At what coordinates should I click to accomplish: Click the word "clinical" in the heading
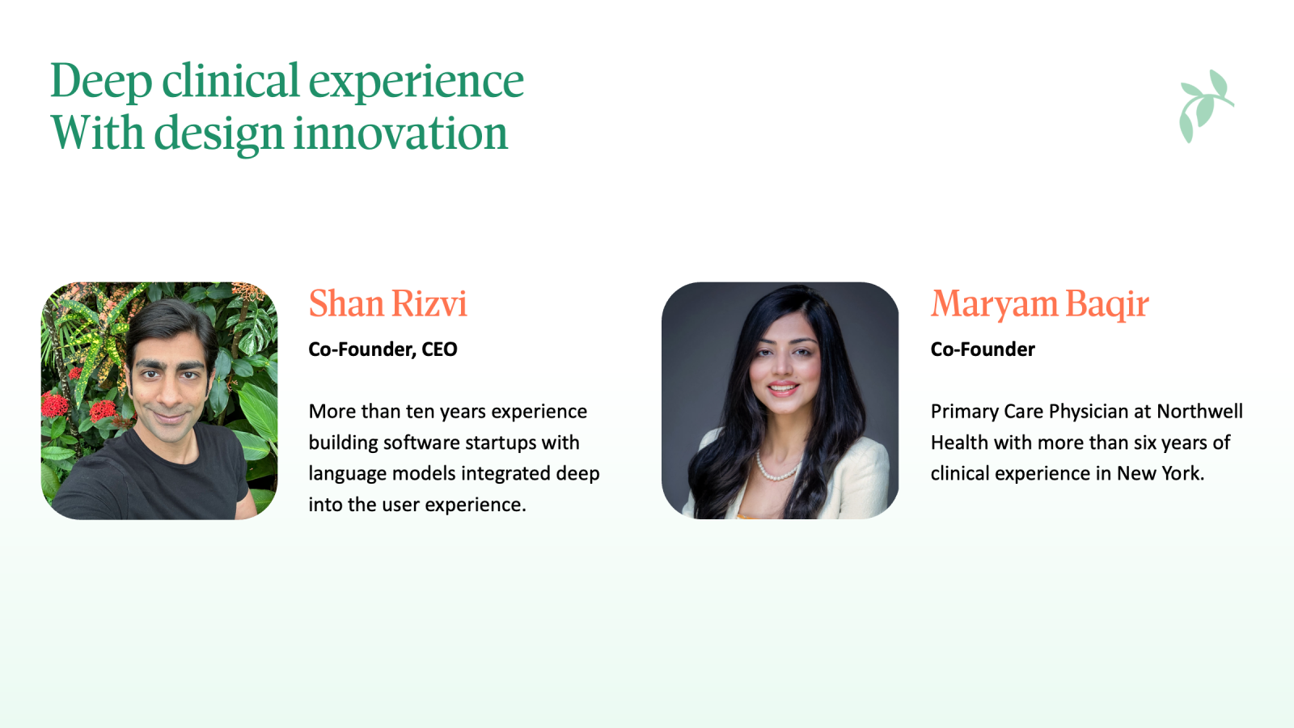click(x=230, y=80)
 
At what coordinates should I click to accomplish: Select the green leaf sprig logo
click(x=1206, y=106)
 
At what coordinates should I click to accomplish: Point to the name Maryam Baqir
click(x=1039, y=304)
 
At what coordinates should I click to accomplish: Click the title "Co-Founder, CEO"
click(x=383, y=349)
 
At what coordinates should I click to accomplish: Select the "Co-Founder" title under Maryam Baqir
click(x=983, y=349)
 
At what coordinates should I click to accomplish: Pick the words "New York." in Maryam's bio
click(x=1161, y=473)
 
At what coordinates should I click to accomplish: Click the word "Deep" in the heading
click(x=101, y=81)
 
